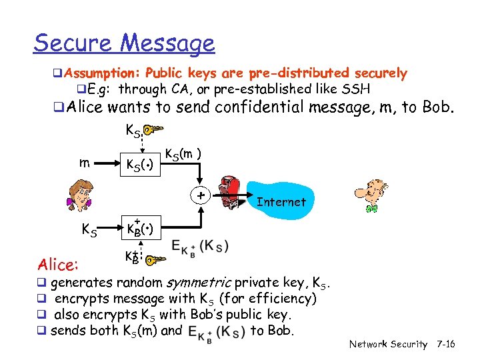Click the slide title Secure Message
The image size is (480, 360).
tap(124, 43)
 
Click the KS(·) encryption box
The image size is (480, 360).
tap(141, 164)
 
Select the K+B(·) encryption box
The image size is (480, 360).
tap(141, 231)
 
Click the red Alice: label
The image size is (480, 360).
tap(59, 265)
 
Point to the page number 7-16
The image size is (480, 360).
tap(445, 344)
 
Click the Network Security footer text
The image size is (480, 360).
tap(388, 344)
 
